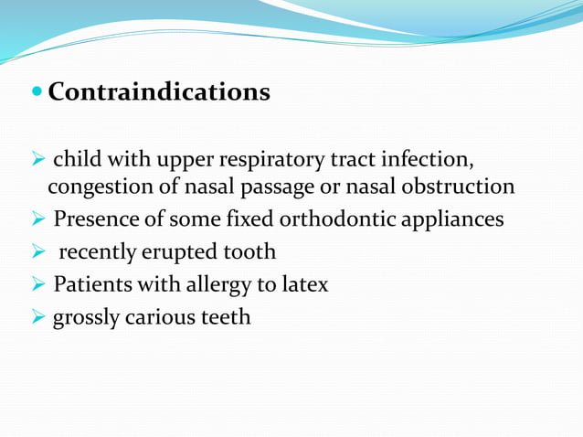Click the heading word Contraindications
click(x=159, y=92)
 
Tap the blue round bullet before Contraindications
click(x=37, y=93)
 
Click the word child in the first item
click(x=76, y=161)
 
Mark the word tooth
click(x=248, y=252)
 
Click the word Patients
click(x=90, y=284)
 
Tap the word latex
click(x=304, y=284)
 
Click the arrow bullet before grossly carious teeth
click(x=37, y=317)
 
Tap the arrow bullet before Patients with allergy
click(x=37, y=284)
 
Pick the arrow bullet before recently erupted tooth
click(x=37, y=252)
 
